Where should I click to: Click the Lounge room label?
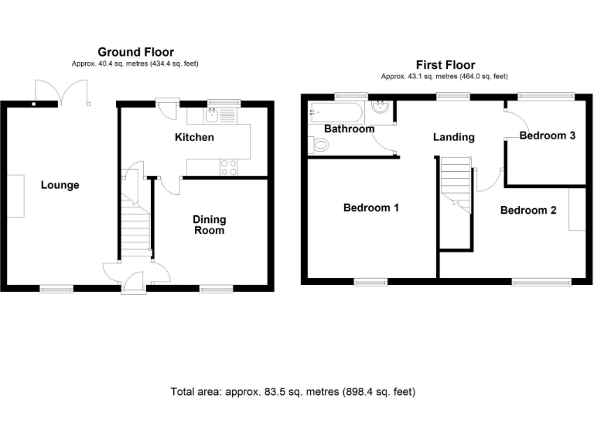[x=60, y=185]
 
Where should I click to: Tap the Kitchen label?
[x=194, y=138]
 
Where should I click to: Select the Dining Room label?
[x=209, y=225]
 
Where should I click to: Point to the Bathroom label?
[x=349, y=129]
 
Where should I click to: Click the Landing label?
[x=453, y=137]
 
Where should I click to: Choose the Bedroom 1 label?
[x=371, y=208]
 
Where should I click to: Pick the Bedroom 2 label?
[x=528, y=210]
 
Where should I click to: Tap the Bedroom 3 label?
[x=547, y=136]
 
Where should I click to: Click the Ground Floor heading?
[x=135, y=52]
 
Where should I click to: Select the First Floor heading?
[x=445, y=65]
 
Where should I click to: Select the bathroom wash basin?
[x=381, y=108]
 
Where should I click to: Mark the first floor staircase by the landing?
[x=456, y=183]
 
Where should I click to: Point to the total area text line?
[x=292, y=392]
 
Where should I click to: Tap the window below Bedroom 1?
[x=371, y=282]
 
